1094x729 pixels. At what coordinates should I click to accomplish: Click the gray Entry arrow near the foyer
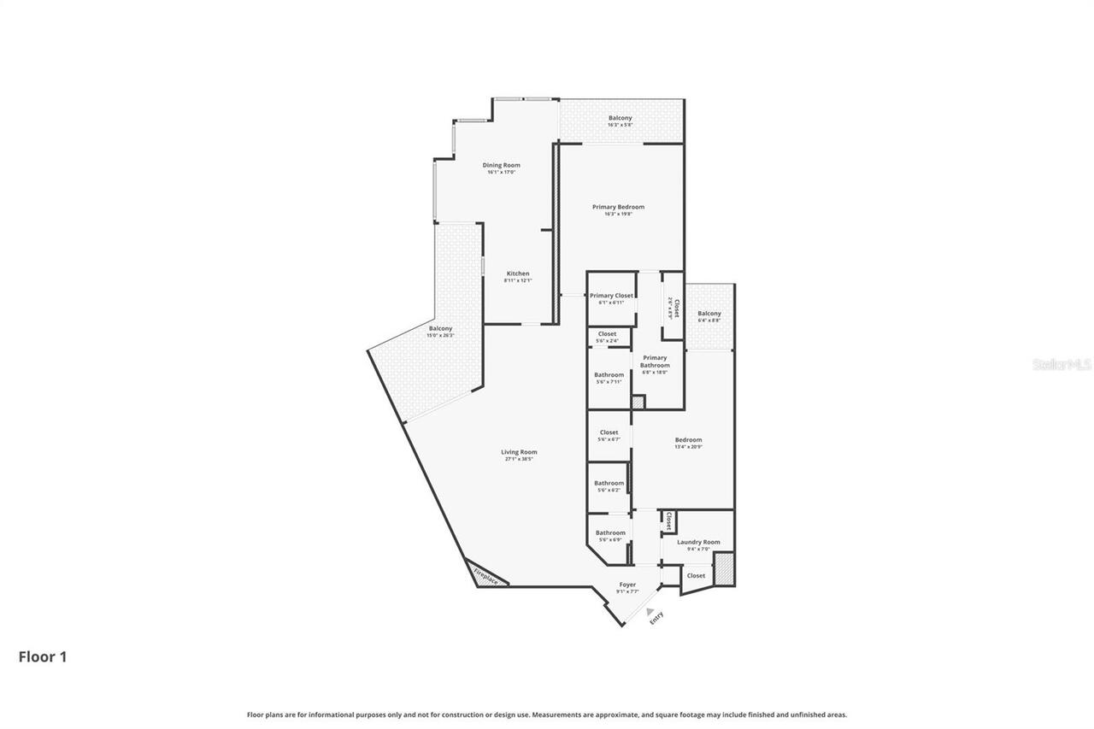[650, 611]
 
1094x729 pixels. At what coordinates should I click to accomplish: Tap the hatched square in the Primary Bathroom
[638, 402]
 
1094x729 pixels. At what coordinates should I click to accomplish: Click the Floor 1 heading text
[43, 656]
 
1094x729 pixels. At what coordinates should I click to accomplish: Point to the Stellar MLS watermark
[1062, 364]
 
